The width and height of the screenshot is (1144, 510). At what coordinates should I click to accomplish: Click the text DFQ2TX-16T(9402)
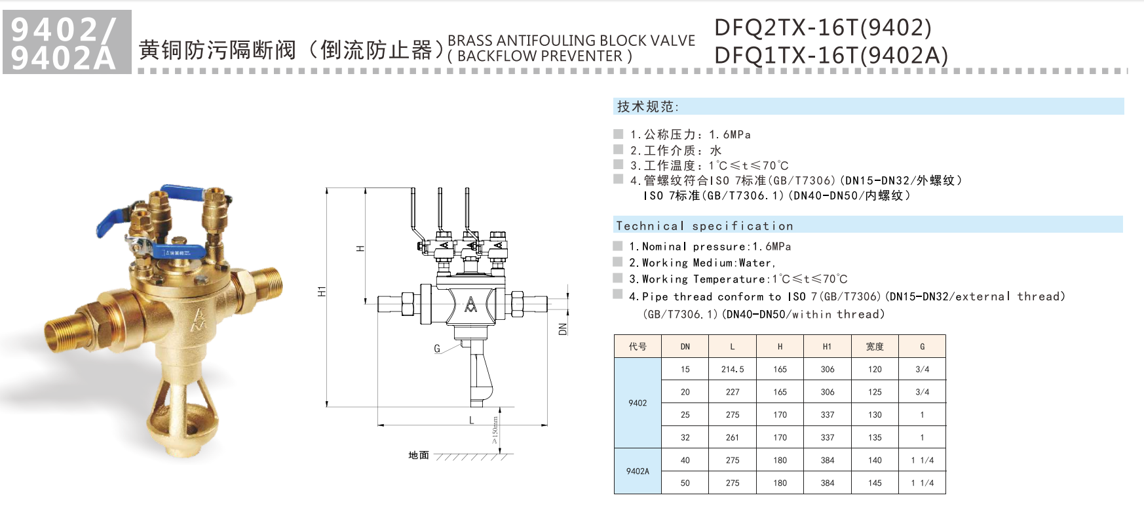pyautogui.click(x=822, y=28)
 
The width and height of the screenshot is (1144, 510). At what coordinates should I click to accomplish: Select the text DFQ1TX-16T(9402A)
pyautogui.click(x=831, y=56)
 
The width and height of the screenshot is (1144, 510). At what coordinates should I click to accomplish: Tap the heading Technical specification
pyautogui.click(x=704, y=226)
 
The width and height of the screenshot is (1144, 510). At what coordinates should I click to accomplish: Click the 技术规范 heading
pyautogui.click(x=647, y=106)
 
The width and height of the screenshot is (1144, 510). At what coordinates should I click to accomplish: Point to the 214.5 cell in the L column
pyautogui.click(x=732, y=369)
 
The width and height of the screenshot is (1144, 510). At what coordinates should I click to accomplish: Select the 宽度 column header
pyautogui.click(x=875, y=346)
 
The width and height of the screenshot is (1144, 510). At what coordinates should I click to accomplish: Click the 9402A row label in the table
pyautogui.click(x=637, y=471)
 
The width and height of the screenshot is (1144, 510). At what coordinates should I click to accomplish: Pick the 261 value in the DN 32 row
pyautogui.click(x=732, y=437)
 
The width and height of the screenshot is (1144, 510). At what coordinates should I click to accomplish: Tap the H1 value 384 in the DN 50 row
pyautogui.click(x=827, y=482)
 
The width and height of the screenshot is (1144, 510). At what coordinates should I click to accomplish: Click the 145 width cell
pyautogui.click(x=875, y=482)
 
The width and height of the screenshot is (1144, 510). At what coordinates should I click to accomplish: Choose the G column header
pyautogui.click(x=922, y=346)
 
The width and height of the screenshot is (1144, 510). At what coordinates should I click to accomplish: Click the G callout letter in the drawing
pyautogui.click(x=437, y=349)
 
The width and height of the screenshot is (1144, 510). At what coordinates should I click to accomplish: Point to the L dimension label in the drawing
pyautogui.click(x=471, y=420)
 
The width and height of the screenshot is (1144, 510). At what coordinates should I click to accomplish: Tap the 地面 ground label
pyautogui.click(x=419, y=455)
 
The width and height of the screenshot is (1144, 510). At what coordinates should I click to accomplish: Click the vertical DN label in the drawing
pyautogui.click(x=562, y=329)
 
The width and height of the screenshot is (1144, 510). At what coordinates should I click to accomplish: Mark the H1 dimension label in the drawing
pyautogui.click(x=322, y=291)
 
